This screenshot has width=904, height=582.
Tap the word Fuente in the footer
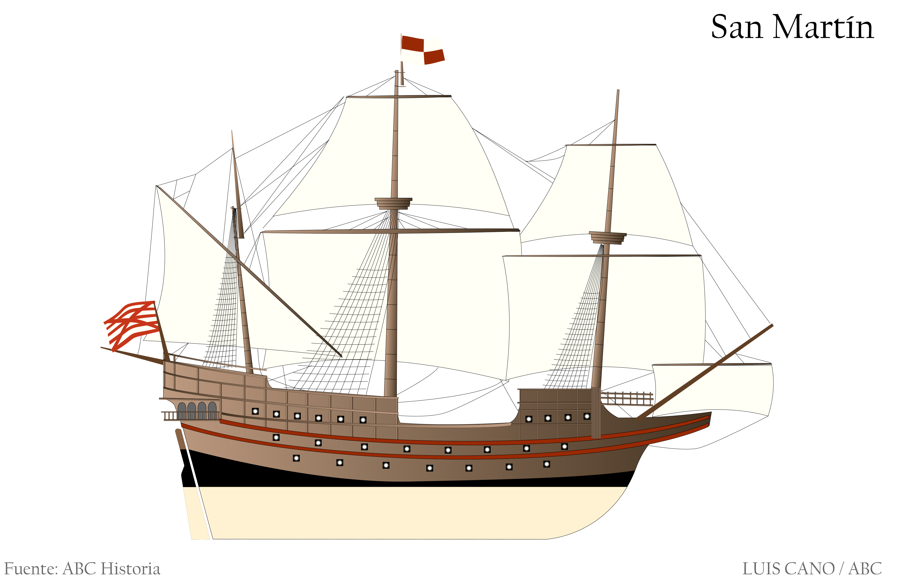(31, 569)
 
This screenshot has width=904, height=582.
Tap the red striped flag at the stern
(131, 325)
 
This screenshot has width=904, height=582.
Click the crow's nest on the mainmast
(393, 203)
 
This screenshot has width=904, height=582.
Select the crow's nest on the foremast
(607, 238)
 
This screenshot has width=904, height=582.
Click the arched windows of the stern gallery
(197, 410)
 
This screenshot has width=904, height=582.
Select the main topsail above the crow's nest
(392, 155)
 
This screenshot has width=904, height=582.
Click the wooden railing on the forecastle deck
(627, 398)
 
